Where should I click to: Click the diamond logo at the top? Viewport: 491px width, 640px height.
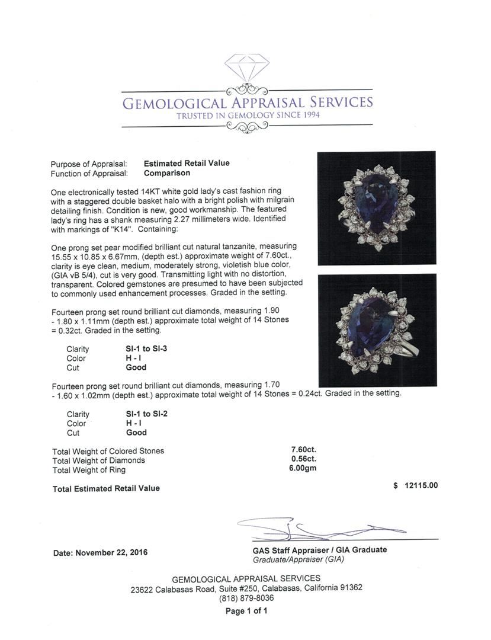tap(246, 70)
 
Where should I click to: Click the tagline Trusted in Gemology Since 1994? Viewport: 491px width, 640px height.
tap(247, 115)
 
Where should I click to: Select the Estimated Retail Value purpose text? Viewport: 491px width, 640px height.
tap(187, 163)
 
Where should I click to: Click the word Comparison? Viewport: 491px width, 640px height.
tap(167, 173)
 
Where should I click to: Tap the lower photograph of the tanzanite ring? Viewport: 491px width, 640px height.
tap(377, 329)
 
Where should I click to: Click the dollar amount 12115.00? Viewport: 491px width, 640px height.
tap(421, 485)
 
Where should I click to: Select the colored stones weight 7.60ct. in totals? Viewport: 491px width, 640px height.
tap(303, 449)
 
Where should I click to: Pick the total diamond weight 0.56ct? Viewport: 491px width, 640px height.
tap(303, 459)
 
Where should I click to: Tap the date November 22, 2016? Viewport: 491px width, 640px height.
tap(101, 552)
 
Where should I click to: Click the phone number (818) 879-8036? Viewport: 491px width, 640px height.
tap(246, 598)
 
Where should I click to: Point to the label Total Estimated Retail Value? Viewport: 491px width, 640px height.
tap(106, 488)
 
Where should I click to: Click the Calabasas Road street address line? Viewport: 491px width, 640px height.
tap(246, 588)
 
